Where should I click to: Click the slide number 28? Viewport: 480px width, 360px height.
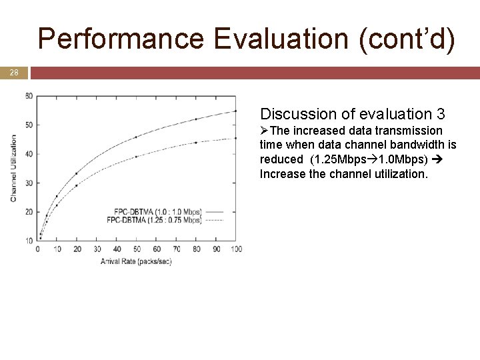tap(13, 72)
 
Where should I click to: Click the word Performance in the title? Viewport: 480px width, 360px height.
tap(121, 39)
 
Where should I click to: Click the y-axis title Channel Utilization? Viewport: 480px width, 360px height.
tap(14, 168)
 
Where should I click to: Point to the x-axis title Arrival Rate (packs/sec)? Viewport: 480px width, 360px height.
tap(136, 261)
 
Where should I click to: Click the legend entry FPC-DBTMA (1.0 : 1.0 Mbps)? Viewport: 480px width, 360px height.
tap(154, 212)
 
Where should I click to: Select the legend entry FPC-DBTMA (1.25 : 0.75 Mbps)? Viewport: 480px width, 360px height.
tap(154, 219)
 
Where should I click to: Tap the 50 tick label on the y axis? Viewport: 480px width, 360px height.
tap(29, 125)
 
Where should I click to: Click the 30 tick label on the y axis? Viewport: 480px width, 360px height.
tap(29, 183)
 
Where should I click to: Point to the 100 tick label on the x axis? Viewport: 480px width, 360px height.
tap(235, 249)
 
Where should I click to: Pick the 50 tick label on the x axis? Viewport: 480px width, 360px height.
tap(136, 249)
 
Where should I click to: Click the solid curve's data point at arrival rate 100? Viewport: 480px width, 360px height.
tap(235, 111)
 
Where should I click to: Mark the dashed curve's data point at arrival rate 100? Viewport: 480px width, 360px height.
tap(235, 138)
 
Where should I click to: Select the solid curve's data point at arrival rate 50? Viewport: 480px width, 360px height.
tap(136, 137)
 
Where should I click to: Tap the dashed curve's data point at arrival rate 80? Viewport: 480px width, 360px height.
tap(196, 142)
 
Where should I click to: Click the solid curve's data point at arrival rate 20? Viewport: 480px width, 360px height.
tap(77, 173)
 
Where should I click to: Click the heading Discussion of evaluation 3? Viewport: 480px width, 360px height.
tap(353, 114)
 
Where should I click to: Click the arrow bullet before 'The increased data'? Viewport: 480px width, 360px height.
tap(265, 131)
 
